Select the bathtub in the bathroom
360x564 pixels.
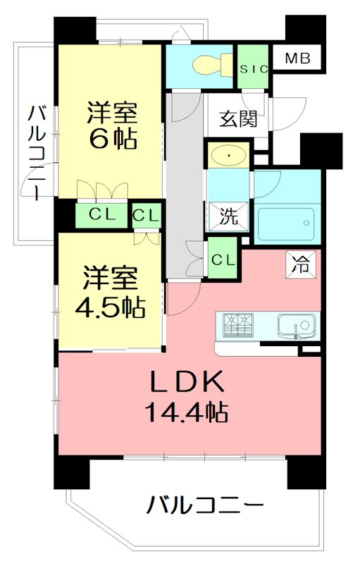[x=285, y=223]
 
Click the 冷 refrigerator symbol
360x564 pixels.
[x=301, y=266]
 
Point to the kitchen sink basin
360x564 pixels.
[x=297, y=326]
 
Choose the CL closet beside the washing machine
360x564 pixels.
[x=223, y=259]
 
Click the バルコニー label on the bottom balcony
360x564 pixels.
[x=206, y=505]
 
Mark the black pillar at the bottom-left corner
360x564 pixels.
[x=73, y=472]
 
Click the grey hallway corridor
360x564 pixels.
[x=185, y=183]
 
